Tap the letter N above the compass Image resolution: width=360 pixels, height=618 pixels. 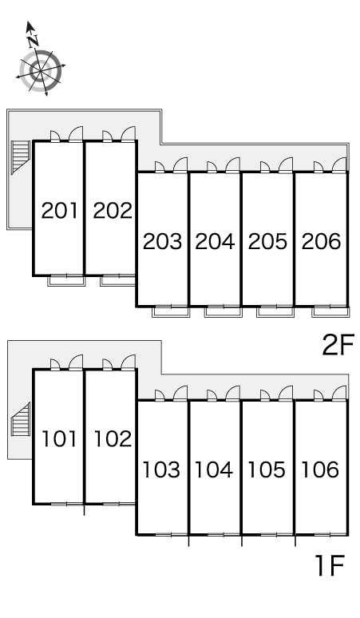click(33, 40)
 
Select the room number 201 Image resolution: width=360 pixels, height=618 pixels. click(60, 211)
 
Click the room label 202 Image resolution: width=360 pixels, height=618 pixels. click(113, 211)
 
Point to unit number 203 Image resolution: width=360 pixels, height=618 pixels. click(162, 241)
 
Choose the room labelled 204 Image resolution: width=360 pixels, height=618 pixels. click(215, 241)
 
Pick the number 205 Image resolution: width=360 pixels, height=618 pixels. click(267, 241)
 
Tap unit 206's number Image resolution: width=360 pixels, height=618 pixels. click(321, 241)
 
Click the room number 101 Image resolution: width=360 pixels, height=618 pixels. click(59, 438)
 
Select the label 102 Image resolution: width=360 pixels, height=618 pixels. click(113, 438)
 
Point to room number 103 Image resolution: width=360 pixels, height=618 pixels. click(161, 469)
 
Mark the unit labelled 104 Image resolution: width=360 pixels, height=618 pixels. click(214, 469)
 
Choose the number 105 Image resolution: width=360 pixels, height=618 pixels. click(267, 469)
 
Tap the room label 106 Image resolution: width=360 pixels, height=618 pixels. click(320, 469)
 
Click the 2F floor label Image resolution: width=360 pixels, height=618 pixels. click(338, 344)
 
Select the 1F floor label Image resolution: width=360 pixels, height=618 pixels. click(330, 565)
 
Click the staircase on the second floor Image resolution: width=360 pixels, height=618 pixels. click(21, 156)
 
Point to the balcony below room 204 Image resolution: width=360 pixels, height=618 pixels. click(223, 311)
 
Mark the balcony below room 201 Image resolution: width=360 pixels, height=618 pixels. click(66, 280)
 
